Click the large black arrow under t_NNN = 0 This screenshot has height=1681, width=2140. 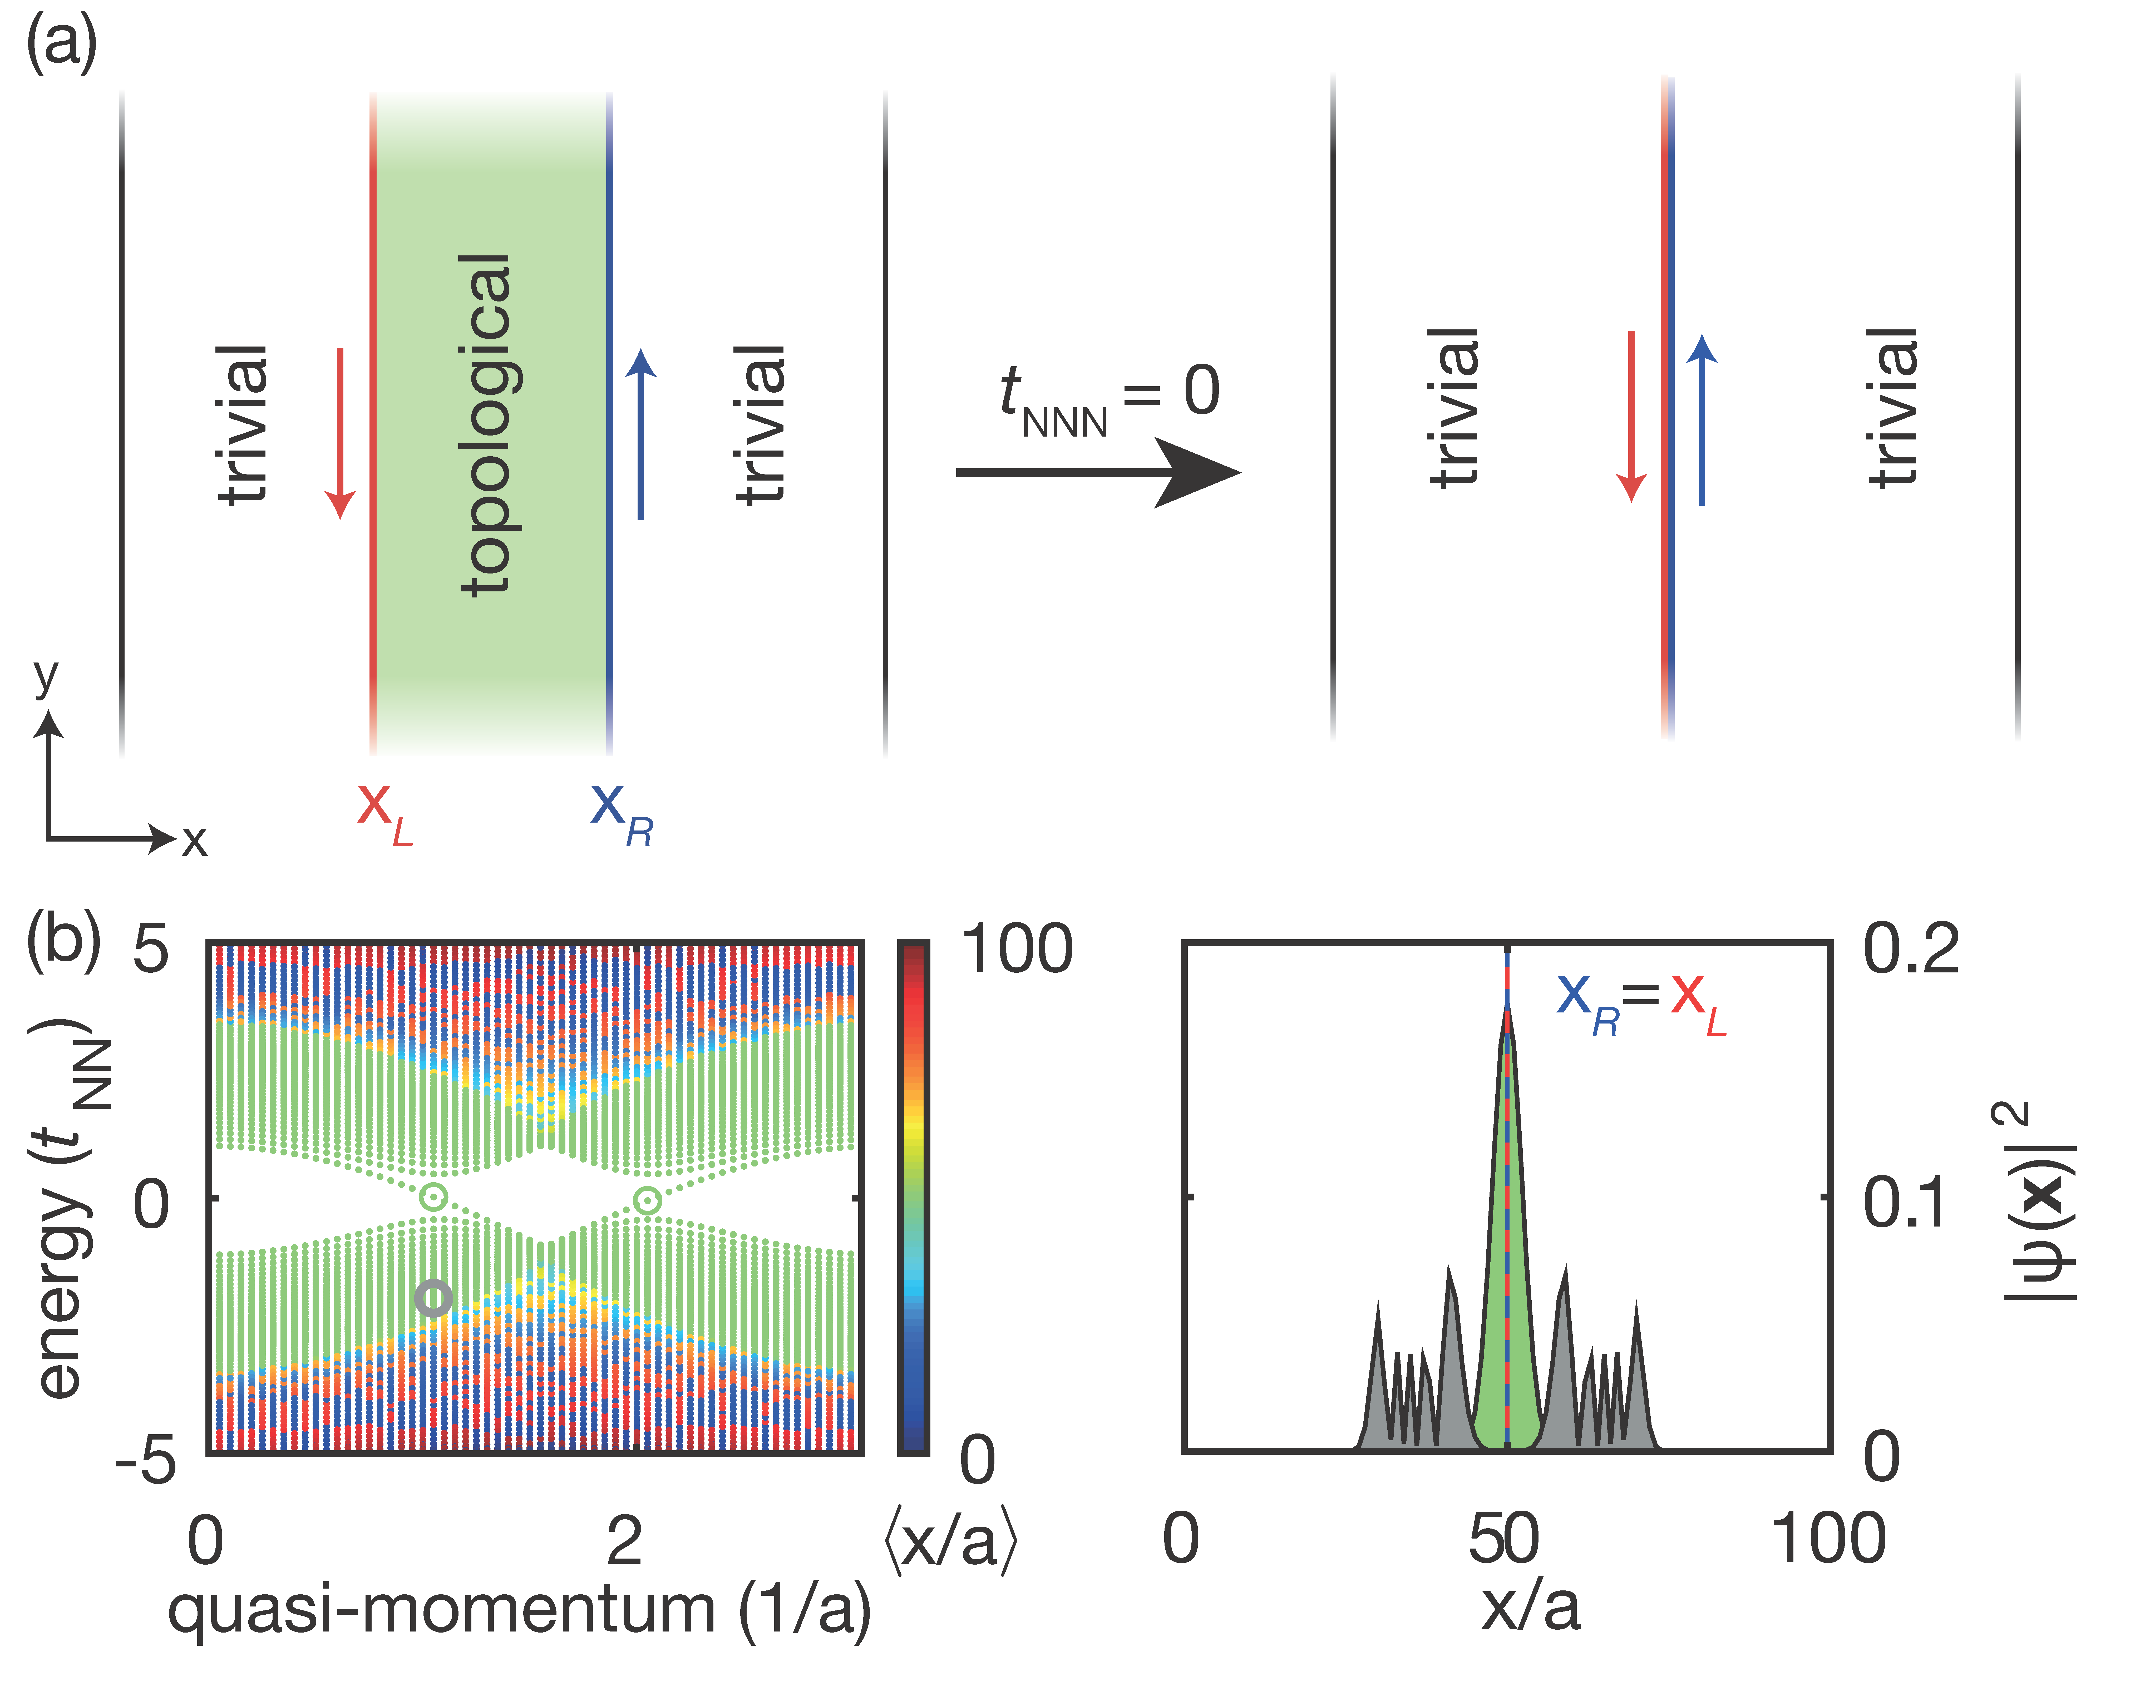[x=1098, y=472]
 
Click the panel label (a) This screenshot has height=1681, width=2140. [x=61, y=44]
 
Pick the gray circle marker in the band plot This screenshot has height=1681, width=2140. [x=433, y=1298]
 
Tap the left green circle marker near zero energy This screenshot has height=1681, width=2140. [x=433, y=1197]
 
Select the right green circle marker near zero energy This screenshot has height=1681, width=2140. [x=647, y=1200]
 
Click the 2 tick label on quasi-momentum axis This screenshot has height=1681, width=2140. [x=624, y=1540]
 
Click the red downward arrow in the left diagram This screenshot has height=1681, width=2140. [x=341, y=433]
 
